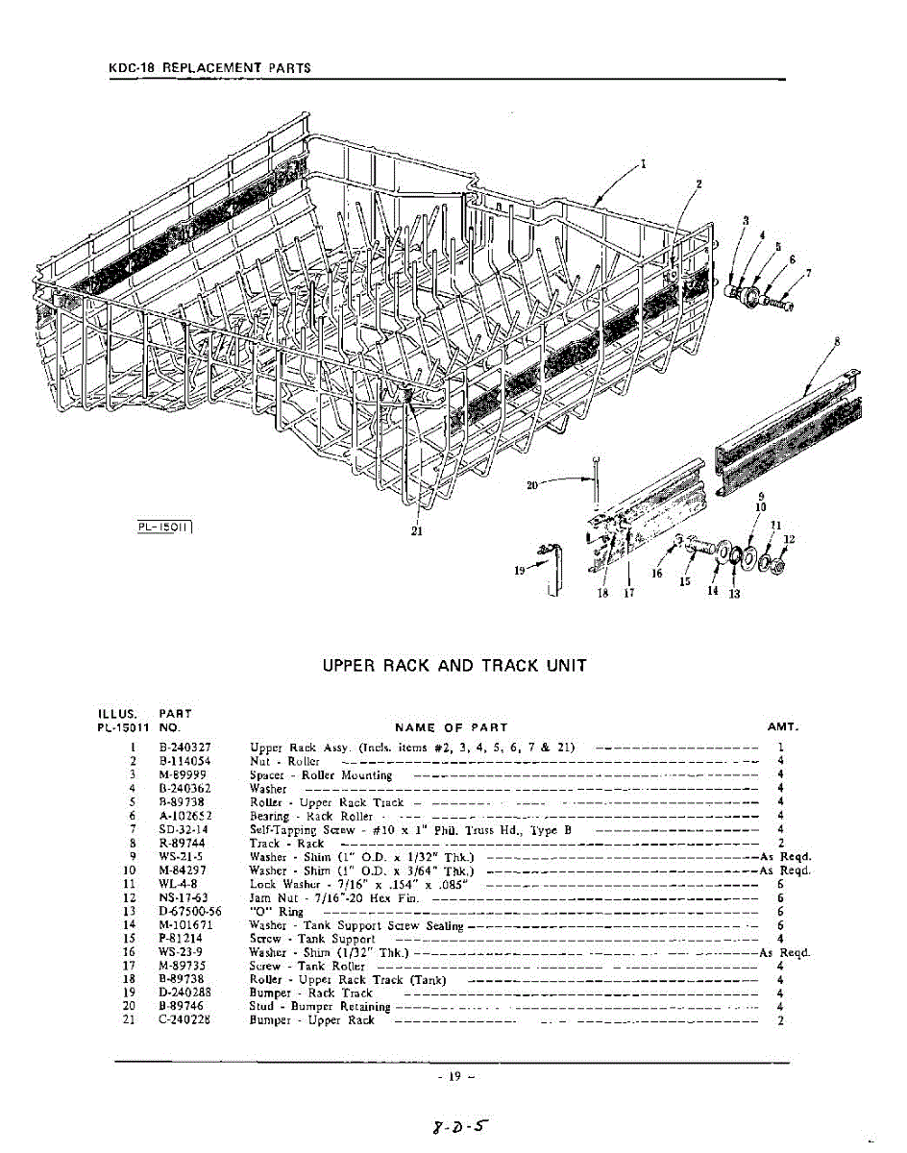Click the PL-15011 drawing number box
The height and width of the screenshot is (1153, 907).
165,525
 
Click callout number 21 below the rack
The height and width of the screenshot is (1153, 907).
417,535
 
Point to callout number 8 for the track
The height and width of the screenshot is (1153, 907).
837,341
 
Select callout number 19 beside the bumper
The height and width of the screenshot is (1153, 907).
520,570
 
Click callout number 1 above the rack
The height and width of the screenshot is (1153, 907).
643,163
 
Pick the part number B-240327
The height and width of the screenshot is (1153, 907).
184,747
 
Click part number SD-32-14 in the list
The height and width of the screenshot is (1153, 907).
184,828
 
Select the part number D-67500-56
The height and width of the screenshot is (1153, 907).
189,911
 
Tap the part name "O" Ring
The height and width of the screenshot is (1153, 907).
276,911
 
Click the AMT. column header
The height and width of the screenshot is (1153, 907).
783,726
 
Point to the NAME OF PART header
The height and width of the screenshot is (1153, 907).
451,727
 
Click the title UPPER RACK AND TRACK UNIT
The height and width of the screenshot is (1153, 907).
453,665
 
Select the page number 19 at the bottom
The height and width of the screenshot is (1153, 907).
454,1077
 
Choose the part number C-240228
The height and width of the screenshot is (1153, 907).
184,1019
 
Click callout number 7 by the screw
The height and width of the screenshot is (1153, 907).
808,273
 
